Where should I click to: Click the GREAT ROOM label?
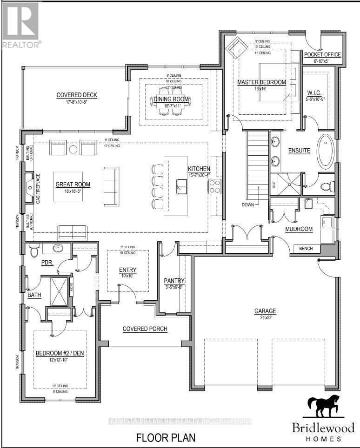73,184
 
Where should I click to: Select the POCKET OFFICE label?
322,54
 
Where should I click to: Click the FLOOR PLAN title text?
165,438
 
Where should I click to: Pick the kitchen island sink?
181,188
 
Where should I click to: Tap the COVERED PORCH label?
145,329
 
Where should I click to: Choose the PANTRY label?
174,281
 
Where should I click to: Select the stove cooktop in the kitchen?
214,186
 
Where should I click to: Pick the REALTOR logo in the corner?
21,23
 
